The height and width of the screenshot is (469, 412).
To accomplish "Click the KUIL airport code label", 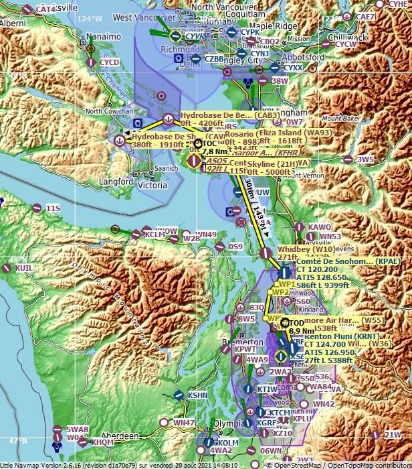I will (x=24, y=267).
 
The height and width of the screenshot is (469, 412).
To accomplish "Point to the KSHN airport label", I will (x=197, y=395).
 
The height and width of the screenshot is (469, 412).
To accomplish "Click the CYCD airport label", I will (x=109, y=62).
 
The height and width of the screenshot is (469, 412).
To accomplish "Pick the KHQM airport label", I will (x=102, y=442).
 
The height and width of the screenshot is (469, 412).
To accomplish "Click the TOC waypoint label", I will (x=209, y=143).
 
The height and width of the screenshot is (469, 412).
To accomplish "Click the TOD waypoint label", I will (x=296, y=322).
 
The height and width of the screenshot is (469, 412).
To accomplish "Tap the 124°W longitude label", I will (x=89, y=19).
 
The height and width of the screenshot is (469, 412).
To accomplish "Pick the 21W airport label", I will (x=393, y=434).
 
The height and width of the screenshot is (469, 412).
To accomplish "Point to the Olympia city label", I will (x=224, y=423).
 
